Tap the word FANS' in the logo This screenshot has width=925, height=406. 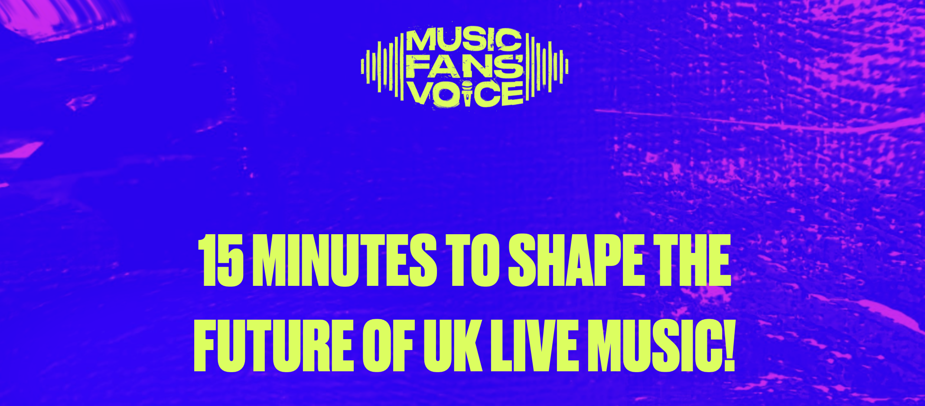click(x=465, y=67)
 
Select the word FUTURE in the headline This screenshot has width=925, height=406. click(x=274, y=346)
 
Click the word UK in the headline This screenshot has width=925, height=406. click(x=453, y=346)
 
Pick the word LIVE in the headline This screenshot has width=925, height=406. click(x=534, y=346)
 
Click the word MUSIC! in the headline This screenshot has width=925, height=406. click(x=661, y=346)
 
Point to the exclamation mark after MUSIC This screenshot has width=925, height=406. click(x=728, y=346)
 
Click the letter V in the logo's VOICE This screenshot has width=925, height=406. click(x=420, y=93)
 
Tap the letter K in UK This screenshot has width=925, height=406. click(x=468, y=346)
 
